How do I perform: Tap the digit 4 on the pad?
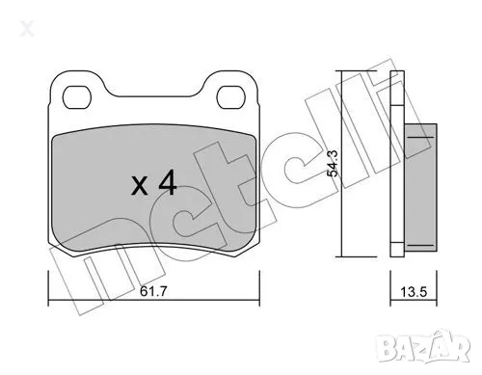click(166, 183)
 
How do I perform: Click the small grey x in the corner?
click(13, 12)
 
